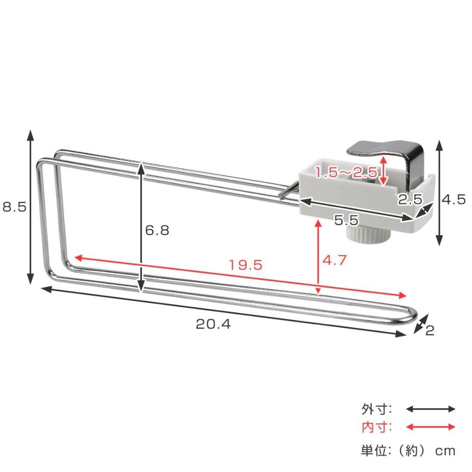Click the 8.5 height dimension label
[x=14, y=207]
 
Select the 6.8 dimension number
[x=157, y=230]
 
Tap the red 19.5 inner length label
[x=246, y=265]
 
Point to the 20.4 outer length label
[x=213, y=324]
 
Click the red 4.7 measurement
[x=334, y=260]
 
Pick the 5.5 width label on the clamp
[x=346, y=220]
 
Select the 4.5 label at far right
[x=454, y=199]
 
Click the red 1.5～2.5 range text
[x=346, y=173]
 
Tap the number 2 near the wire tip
[x=430, y=330]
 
